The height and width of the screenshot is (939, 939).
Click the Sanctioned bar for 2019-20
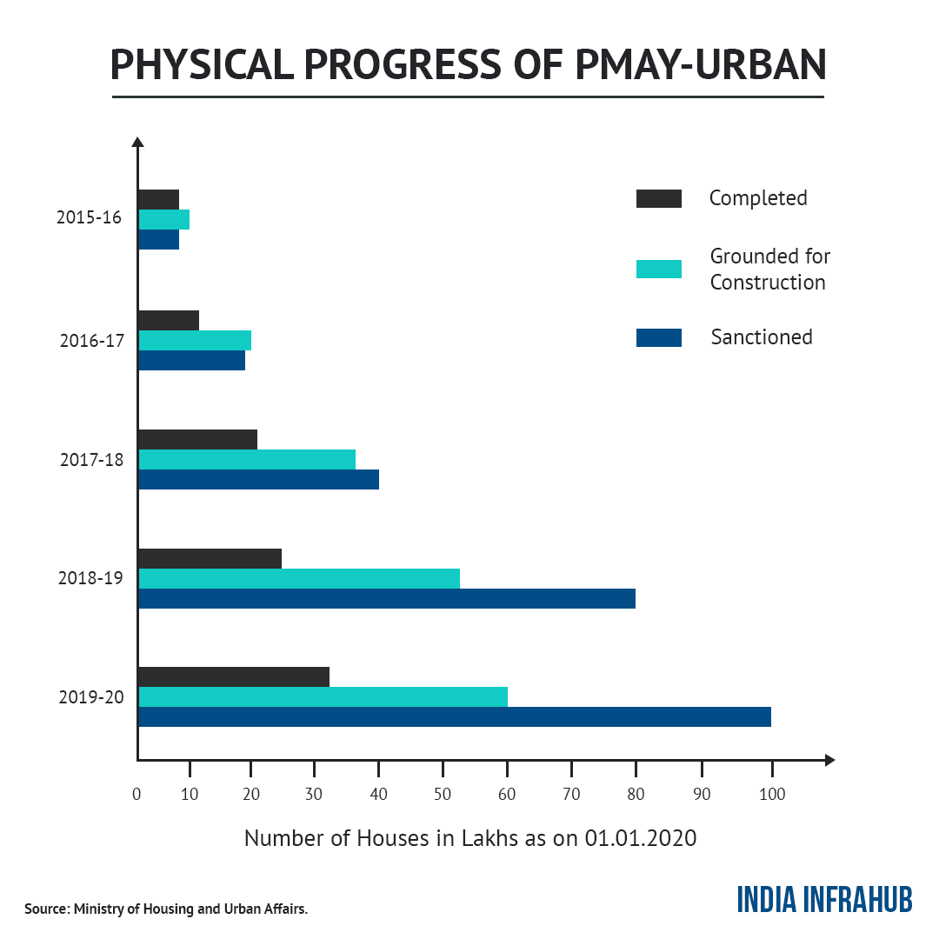(454, 716)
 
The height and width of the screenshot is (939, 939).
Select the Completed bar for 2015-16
(158, 199)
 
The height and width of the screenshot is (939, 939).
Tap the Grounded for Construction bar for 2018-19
(299, 578)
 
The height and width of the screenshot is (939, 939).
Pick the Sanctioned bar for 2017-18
(258, 479)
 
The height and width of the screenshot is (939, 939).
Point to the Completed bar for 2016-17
(169, 320)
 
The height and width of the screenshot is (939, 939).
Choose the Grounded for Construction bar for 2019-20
(323, 696)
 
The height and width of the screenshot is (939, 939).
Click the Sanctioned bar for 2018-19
(386, 598)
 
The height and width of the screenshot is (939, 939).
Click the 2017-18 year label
(91, 460)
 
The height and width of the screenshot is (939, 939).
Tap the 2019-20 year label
(91, 696)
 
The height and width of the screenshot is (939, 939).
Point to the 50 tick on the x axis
(443, 794)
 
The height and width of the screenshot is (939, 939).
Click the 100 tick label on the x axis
(771, 794)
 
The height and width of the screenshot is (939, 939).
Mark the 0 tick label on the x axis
(137, 794)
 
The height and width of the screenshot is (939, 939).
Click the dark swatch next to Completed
(658, 198)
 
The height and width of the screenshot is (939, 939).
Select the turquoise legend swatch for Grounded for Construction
(658, 269)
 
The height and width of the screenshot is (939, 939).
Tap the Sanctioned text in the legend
(762, 337)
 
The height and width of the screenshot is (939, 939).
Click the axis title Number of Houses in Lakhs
(470, 838)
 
